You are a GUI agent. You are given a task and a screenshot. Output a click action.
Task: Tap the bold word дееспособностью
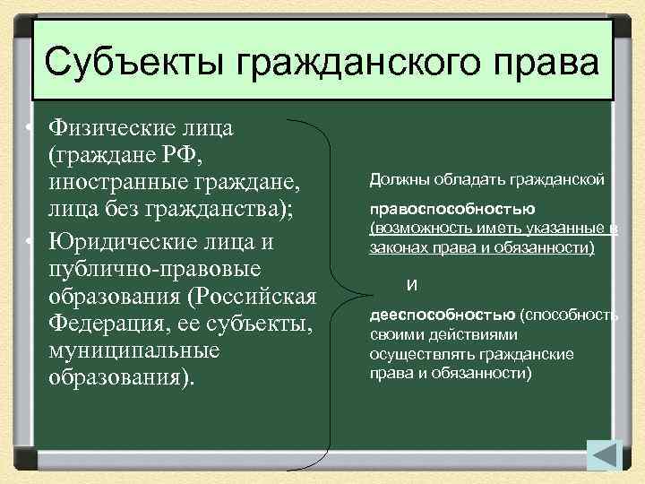[x=442, y=315]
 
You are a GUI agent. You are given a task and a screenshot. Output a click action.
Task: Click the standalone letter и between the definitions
[x=410, y=284]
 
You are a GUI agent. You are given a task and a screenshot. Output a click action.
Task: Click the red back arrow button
[x=604, y=455]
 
